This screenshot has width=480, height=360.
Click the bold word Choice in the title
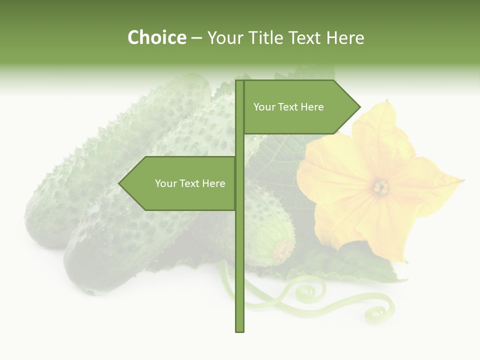(x=156, y=38)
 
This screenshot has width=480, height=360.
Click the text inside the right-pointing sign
(x=288, y=107)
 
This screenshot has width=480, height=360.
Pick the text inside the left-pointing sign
(x=190, y=183)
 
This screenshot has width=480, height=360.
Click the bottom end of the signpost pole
(x=240, y=329)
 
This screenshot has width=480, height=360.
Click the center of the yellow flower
(x=381, y=187)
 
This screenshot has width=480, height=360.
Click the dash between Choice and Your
(x=196, y=38)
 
